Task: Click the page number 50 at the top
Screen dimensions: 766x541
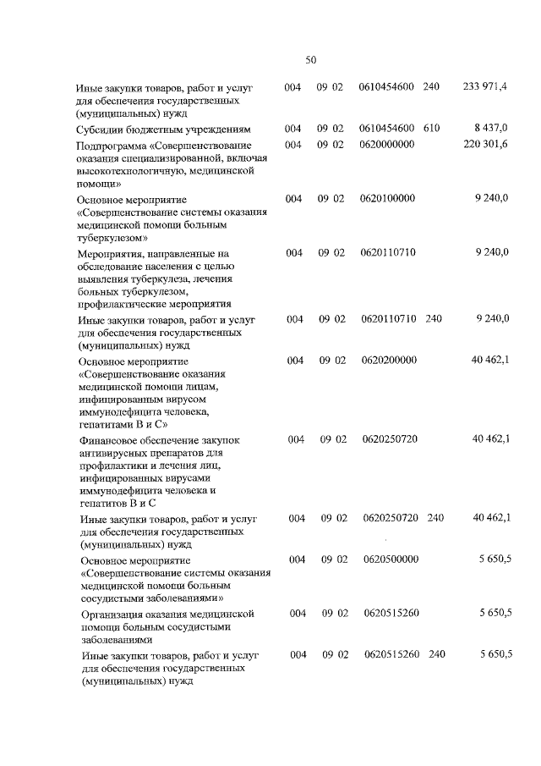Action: [x=310, y=59]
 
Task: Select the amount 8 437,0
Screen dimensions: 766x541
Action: [x=492, y=128]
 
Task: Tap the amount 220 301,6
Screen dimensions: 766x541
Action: [x=486, y=145]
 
